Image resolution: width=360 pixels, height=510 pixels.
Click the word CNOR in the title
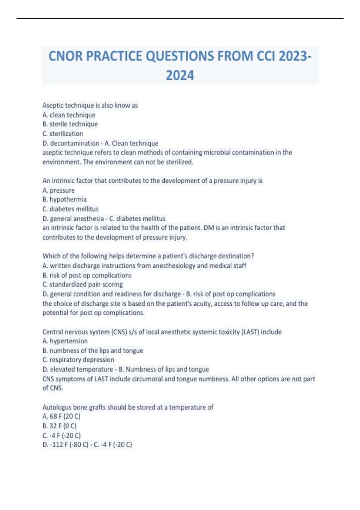coord(65,56)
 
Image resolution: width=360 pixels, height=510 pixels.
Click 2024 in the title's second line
coord(180,75)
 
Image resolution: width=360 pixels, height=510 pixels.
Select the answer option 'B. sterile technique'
coord(70,124)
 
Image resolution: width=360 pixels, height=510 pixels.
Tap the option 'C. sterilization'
coord(63,134)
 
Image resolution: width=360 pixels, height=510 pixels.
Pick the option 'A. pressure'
coord(58,190)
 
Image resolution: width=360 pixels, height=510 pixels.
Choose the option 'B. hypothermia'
coord(64,199)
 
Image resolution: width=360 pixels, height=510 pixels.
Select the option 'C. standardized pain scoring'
coord(82,284)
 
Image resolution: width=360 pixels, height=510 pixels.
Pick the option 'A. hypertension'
coord(65,341)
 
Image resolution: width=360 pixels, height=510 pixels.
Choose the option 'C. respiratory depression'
coord(78,360)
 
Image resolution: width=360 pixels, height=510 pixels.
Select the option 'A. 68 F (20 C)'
coord(61,416)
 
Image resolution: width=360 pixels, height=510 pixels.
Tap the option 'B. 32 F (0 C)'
coord(59,426)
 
